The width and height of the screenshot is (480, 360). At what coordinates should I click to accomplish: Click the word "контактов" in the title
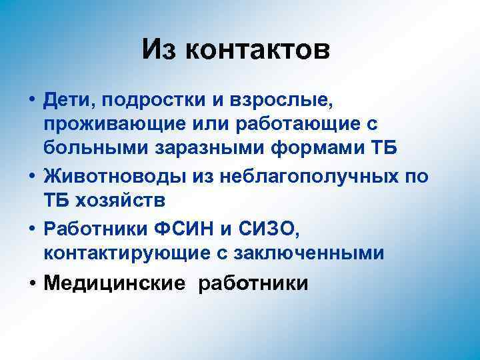pyautogui.click(x=263, y=51)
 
